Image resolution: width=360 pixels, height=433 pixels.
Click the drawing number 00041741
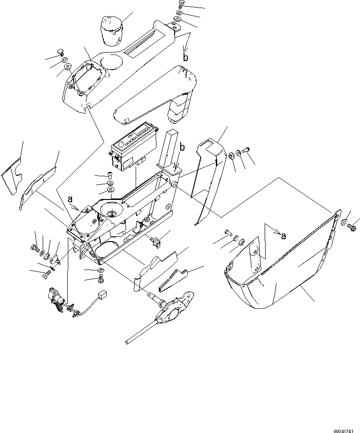341,428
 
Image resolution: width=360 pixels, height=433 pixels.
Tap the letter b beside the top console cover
186,58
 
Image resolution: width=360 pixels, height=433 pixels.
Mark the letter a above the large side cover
283,235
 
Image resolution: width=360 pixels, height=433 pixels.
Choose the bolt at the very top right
181,5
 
